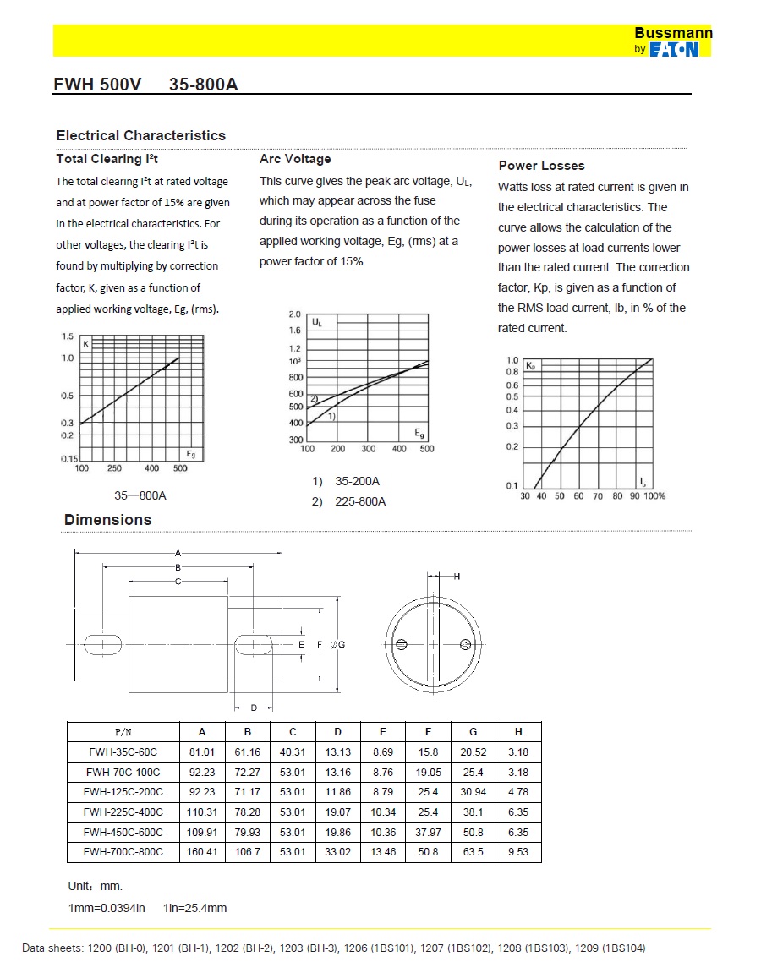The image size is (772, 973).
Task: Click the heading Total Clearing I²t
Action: (107, 159)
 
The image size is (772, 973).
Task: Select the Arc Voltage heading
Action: (295, 159)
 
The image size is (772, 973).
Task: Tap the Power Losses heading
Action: (541, 166)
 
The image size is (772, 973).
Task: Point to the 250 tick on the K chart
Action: (114, 468)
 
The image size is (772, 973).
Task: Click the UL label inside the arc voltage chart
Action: (316, 322)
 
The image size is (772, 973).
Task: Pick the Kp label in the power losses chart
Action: (531, 366)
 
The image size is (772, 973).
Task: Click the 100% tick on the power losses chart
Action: (655, 496)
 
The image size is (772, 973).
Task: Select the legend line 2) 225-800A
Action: (348, 501)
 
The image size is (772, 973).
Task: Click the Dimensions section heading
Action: (107, 520)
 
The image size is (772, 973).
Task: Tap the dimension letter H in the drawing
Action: (457, 577)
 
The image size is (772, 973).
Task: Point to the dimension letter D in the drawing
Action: (253, 708)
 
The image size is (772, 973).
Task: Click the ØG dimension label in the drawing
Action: (337, 645)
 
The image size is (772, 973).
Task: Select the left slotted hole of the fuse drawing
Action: (102, 644)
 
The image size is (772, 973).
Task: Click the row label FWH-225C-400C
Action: (123, 812)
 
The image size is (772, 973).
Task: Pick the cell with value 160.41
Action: (202, 852)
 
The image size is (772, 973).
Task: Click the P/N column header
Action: (123, 732)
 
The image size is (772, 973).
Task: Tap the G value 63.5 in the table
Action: (474, 852)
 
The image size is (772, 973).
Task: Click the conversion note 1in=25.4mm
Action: (195, 908)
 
